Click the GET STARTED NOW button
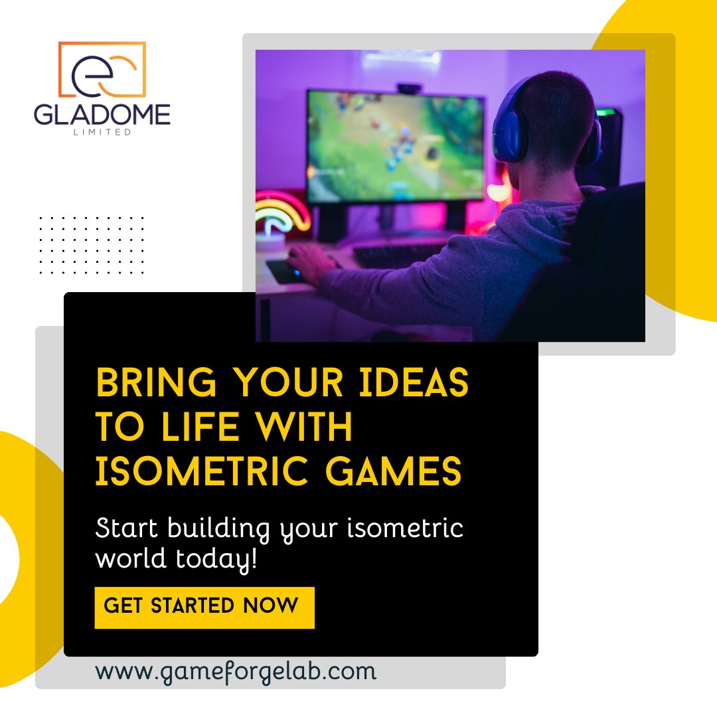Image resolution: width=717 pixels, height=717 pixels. tap(204, 607)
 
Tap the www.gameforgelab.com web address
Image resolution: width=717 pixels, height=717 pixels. tap(236, 671)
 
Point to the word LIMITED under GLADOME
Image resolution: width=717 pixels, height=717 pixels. tap(102, 132)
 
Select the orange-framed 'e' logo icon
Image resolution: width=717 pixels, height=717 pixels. tap(102, 70)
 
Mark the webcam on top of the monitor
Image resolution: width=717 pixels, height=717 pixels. tap(409, 88)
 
